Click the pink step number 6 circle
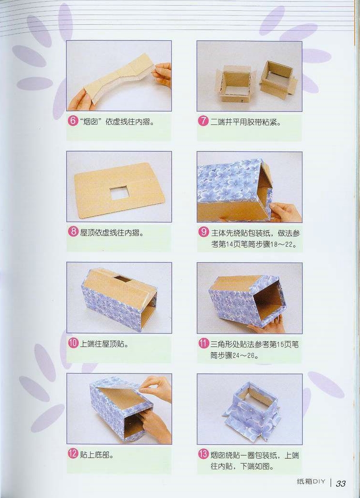coord(73,121)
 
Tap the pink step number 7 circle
coord(203,121)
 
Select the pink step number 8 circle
coord(73,232)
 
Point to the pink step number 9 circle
coord(203,232)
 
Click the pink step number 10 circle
coord(73,343)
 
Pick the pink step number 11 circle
coord(203,343)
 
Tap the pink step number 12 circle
coord(73,454)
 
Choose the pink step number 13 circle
coord(203,454)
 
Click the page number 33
coord(341,484)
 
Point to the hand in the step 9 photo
coord(285,212)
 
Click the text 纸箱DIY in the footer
coord(311,482)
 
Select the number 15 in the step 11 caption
coord(280,344)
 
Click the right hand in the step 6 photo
coord(162,75)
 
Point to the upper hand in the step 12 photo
coord(156,388)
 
